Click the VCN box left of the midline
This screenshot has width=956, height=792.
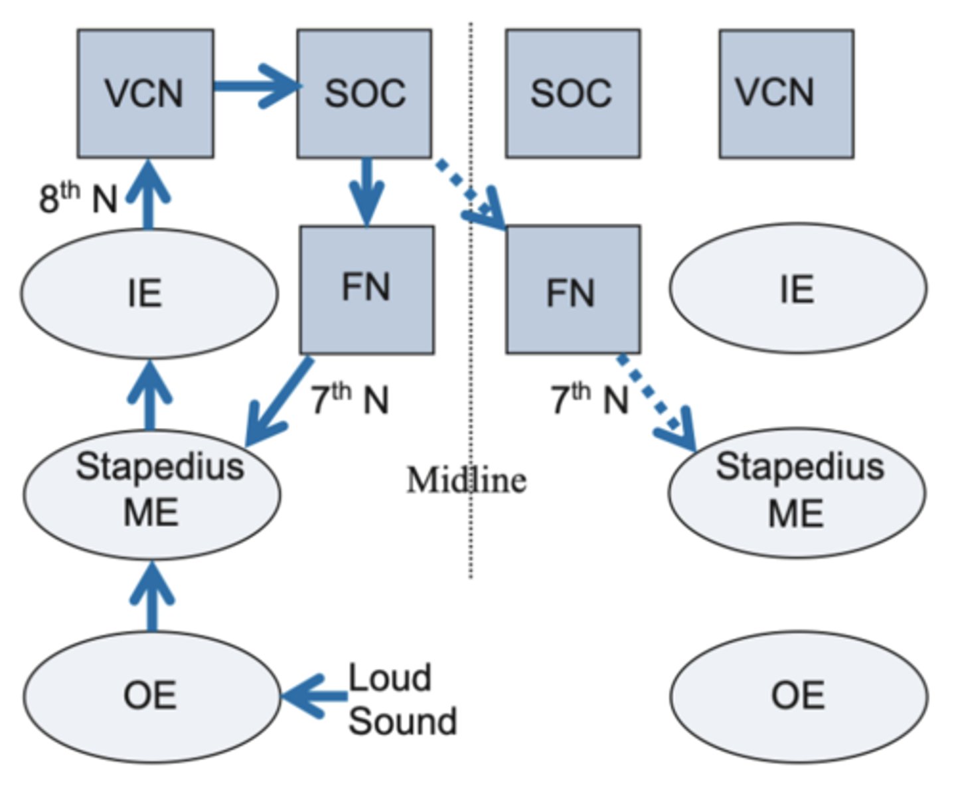pos(145,93)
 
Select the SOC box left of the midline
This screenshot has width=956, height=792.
pos(364,93)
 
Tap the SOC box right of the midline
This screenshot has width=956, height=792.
pos(572,93)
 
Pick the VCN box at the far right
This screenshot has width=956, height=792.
pos(786,93)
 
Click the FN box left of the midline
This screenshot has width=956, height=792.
pos(366,289)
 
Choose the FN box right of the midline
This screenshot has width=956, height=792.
pos(572,290)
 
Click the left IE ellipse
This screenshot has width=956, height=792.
pos(149,293)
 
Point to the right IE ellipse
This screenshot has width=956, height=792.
pos(797,288)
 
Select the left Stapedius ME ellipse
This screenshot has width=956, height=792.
pos(152,494)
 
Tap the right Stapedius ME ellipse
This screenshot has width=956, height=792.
pos(797,492)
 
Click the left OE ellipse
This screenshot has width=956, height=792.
pos(151,696)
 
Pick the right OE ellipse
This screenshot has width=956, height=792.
pos(798,696)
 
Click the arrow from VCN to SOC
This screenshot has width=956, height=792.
pos(256,86)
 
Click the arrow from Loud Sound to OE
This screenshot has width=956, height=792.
pos(314,696)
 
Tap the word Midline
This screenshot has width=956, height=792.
pos(467,480)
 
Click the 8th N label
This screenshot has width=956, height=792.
pos(78,197)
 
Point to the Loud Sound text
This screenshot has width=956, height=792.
pos(402,699)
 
